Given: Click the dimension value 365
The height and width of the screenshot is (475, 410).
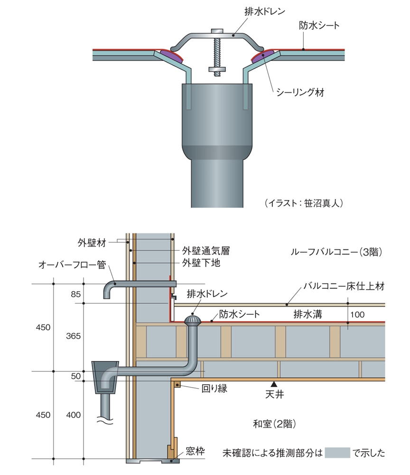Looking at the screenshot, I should [74, 336].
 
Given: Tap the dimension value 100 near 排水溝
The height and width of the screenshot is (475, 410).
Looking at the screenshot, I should [359, 314].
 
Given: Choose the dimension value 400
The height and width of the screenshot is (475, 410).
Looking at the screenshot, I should [74, 415].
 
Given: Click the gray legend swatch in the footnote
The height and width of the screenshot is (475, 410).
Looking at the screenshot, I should [337, 453].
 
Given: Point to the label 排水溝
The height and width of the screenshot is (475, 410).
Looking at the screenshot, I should [307, 314].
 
